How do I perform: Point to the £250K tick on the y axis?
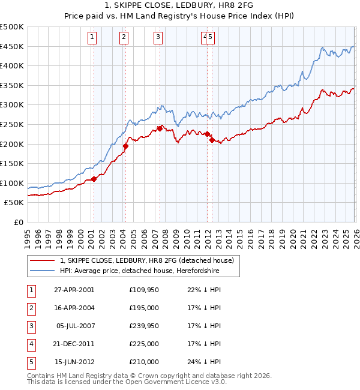[x=12, y=124]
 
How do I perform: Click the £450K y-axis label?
[x=12, y=46]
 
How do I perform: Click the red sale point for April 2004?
[x=125, y=146]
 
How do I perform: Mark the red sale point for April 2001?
[x=94, y=179]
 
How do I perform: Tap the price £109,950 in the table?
[x=143, y=290]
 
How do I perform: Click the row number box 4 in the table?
[x=30, y=344]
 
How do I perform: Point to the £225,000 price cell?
[x=143, y=344]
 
